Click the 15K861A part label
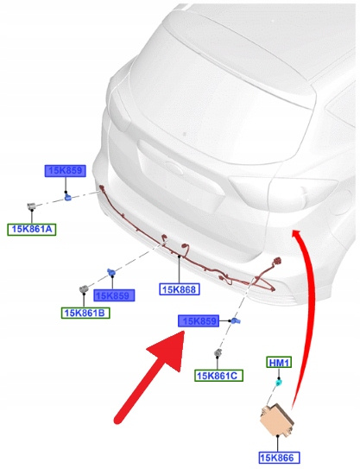[32, 230]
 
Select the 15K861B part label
[85, 313]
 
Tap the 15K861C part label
[219, 376]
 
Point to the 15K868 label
[180, 289]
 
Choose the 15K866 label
[279, 457]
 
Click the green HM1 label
[279, 363]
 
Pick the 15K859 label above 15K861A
[66, 171]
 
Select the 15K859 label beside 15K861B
[114, 295]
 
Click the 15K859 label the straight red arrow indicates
[199, 321]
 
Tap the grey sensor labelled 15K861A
[31, 206]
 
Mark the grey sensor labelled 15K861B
[84, 289]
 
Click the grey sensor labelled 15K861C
[218, 353]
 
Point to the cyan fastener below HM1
[278, 383]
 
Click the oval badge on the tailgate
[174, 166]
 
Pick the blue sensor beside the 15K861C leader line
[237, 321]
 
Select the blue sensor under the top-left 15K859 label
[68, 197]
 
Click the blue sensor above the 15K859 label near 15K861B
[111, 272]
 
